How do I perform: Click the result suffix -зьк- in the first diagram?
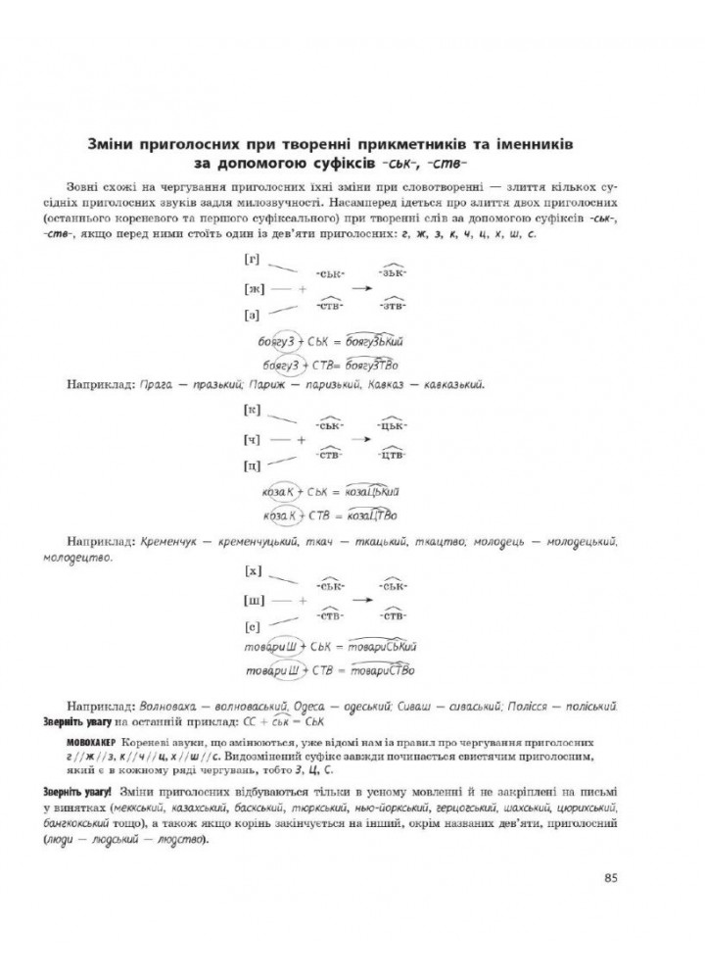tap(395, 271)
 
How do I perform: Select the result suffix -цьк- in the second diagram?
tap(395, 426)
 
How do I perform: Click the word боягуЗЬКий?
tap(373, 341)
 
